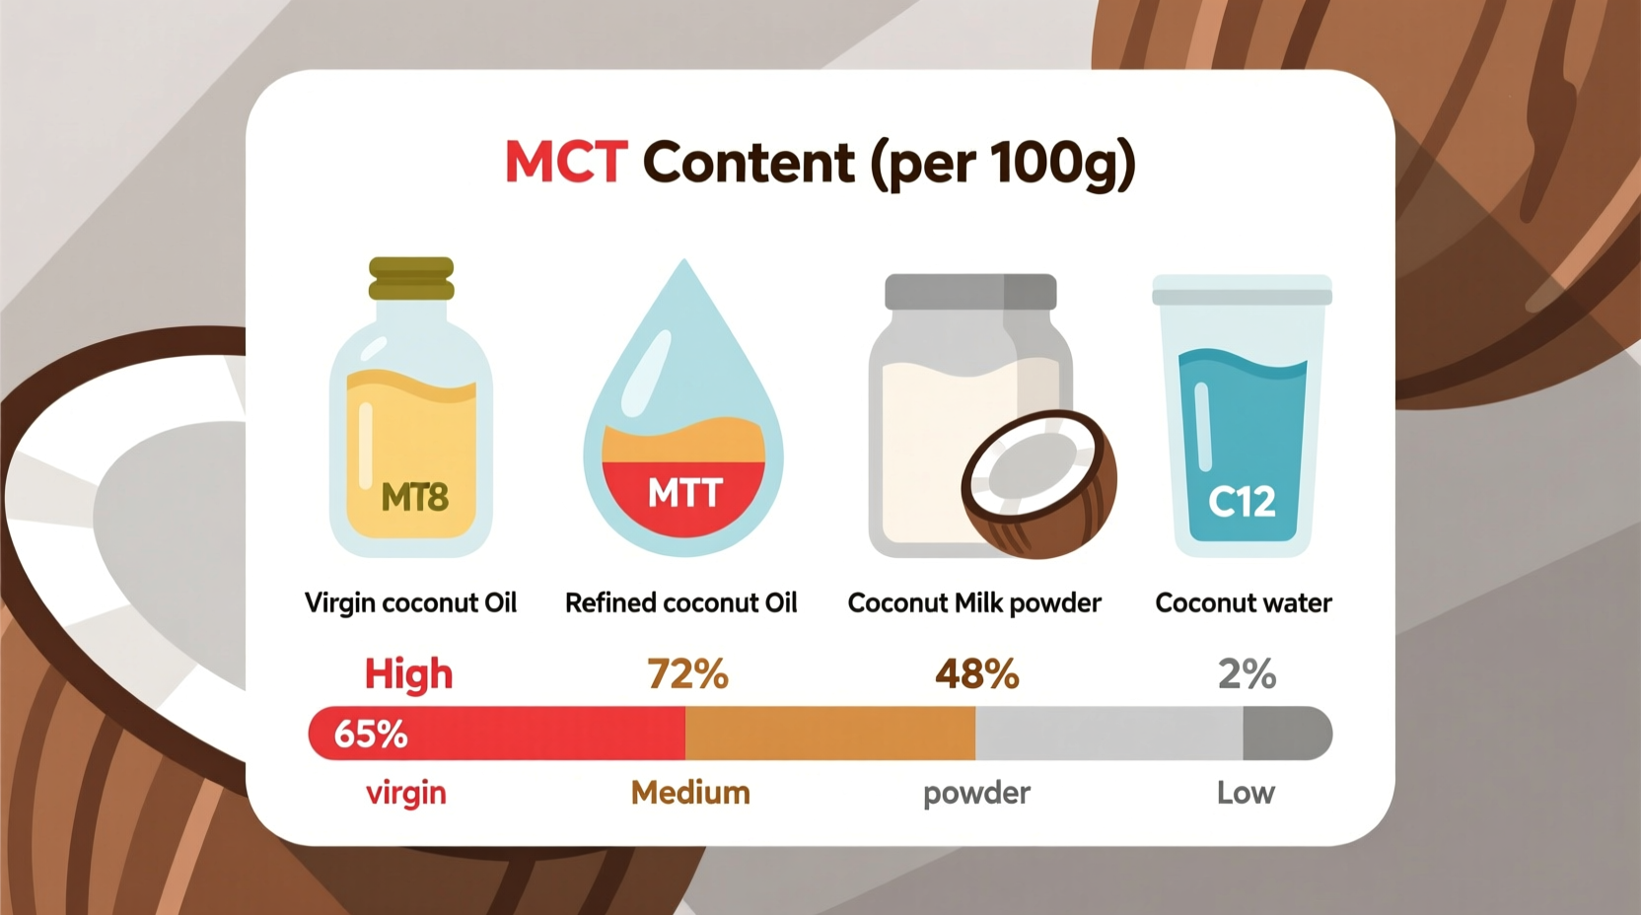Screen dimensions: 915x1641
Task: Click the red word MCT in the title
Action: [x=566, y=162]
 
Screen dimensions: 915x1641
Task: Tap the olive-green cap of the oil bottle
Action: [x=411, y=278]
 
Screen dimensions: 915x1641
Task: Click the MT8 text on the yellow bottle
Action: [x=415, y=497]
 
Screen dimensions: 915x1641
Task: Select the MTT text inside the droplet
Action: [x=685, y=492]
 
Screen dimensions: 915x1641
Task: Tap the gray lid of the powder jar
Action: [x=970, y=292]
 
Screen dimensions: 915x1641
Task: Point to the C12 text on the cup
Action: [x=1242, y=502]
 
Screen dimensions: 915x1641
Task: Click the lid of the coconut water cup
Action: [x=1242, y=290]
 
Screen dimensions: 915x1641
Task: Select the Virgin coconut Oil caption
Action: [x=410, y=602]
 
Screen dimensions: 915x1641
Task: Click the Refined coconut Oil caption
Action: [x=680, y=602]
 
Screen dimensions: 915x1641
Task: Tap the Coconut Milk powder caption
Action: [x=974, y=602]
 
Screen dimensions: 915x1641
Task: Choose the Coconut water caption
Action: [x=1243, y=602]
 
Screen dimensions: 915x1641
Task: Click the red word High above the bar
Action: [x=408, y=674]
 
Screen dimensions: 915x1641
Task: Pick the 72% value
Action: [x=687, y=674]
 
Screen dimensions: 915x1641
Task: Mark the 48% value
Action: [x=976, y=674]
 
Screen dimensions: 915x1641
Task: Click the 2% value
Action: [x=1247, y=674]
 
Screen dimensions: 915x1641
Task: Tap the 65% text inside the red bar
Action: [x=371, y=735]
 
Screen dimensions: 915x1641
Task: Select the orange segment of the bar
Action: [x=829, y=734]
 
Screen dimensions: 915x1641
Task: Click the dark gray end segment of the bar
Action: [x=1286, y=734]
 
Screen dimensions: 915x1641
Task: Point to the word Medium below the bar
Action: [x=690, y=793]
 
